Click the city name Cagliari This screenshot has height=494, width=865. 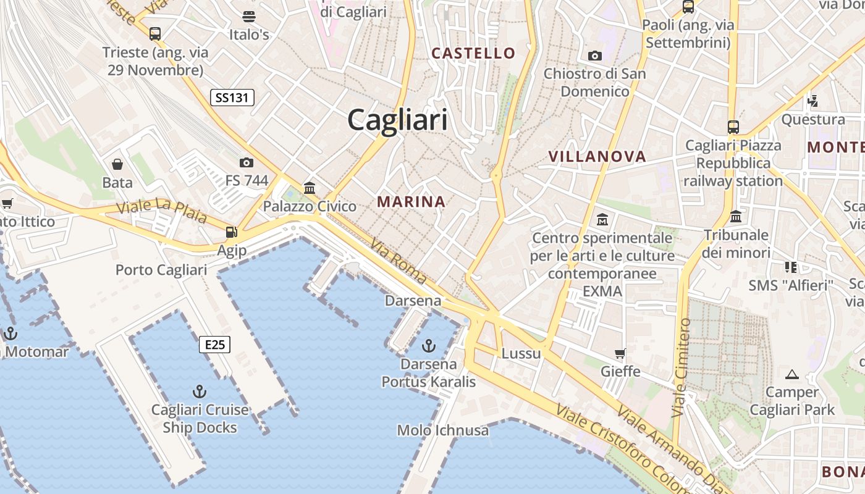coord(397,119)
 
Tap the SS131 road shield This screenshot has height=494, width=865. coord(232,98)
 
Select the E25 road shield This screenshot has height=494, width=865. coord(214,345)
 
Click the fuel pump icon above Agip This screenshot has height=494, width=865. coord(232,232)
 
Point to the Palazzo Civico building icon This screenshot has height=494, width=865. coord(310,188)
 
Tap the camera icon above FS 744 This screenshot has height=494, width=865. coord(247,162)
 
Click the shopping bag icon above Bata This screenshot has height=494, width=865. coord(117,164)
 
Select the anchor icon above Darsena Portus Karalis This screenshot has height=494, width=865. coord(428,345)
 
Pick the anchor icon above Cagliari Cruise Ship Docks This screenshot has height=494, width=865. coord(199,391)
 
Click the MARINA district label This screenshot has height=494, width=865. coord(411,202)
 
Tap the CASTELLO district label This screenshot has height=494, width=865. coord(473,53)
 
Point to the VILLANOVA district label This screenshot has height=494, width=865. coord(597,157)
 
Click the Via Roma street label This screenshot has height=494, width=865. coord(399,261)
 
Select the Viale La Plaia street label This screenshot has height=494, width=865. coord(162,210)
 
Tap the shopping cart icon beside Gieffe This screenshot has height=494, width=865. coord(620,354)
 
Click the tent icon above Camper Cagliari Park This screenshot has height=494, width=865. coord(791,374)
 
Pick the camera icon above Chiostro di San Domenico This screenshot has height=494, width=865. coord(595,56)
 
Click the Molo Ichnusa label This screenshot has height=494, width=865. coord(442,430)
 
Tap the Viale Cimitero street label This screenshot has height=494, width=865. coord(682,367)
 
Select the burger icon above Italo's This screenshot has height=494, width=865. coord(249,16)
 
